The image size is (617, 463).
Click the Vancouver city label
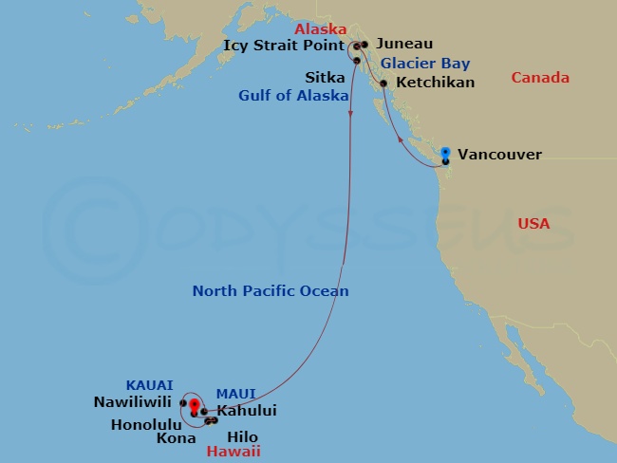(499, 154)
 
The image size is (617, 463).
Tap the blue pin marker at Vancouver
(445, 152)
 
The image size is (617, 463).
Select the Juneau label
(404, 44)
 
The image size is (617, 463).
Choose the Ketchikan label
(435, 83)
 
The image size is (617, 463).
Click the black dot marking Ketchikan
(383, 83)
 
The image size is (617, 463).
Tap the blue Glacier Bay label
(425, 64)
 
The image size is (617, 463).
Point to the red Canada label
(540, 78)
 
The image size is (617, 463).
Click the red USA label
(533, 224)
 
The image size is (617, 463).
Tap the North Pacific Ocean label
(271, 291)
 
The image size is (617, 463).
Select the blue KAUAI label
(149, 384)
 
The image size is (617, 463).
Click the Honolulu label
(144, 423)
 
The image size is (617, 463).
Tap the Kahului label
(247, 411)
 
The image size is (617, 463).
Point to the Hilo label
(244, 437)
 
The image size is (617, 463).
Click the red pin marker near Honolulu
(194, 406)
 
